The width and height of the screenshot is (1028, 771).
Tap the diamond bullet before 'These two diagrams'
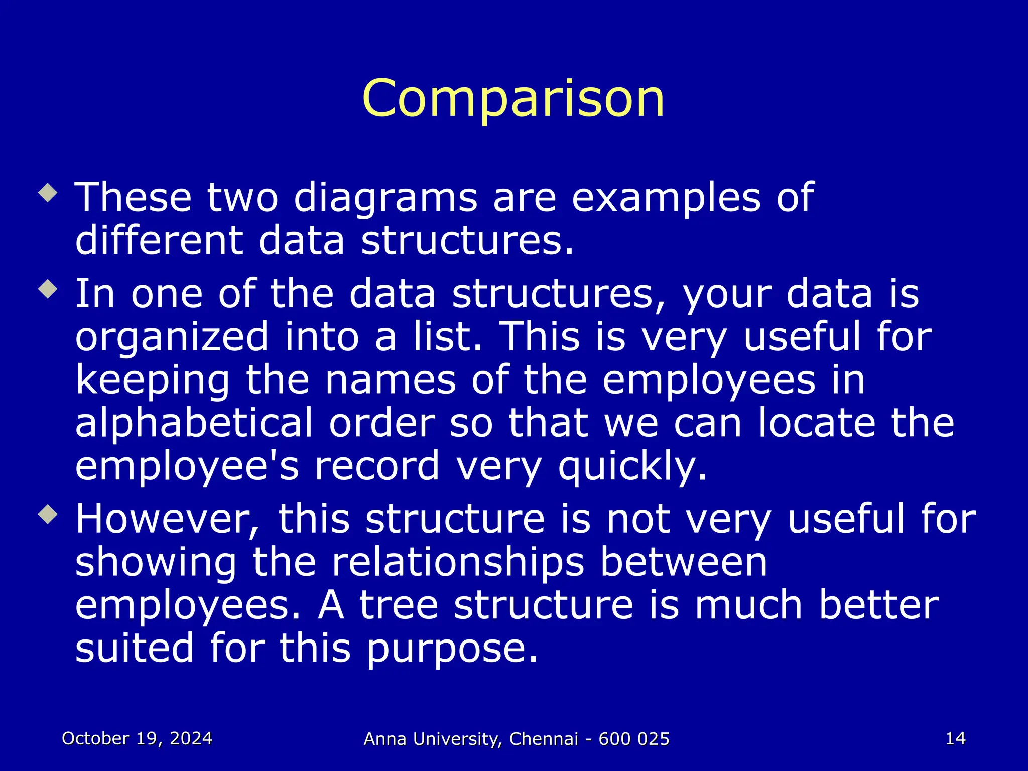pos(48,193)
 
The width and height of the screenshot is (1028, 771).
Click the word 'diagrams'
pos(385,198)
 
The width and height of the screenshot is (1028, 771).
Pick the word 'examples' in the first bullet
pos(666,198)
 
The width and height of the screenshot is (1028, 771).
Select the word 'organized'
pos(172,337)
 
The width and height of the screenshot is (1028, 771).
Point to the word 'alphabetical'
pos(194,423)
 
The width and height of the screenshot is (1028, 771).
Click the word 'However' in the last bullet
pos(168,519)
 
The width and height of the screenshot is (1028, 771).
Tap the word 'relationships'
pos(458,562)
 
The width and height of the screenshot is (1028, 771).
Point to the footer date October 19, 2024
pos(137,738)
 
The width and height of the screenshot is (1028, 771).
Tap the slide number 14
pos(955,738)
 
